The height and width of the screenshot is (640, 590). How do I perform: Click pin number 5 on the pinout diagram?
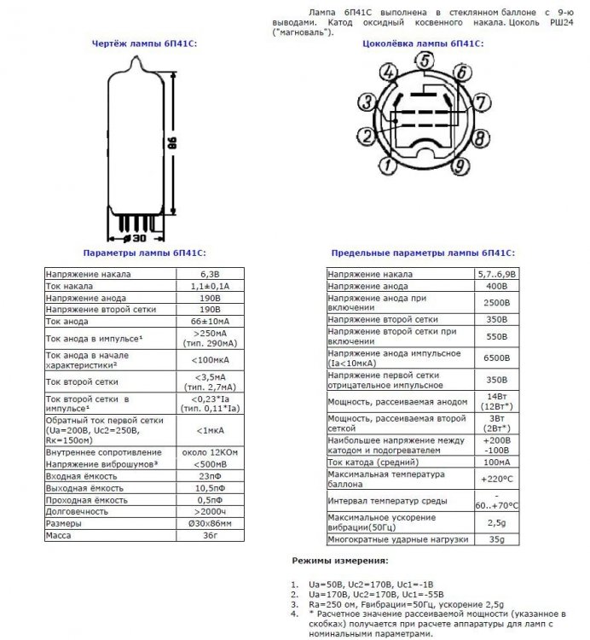click(424, 60)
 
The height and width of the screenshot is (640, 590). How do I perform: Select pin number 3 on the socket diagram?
click(365, 103)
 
